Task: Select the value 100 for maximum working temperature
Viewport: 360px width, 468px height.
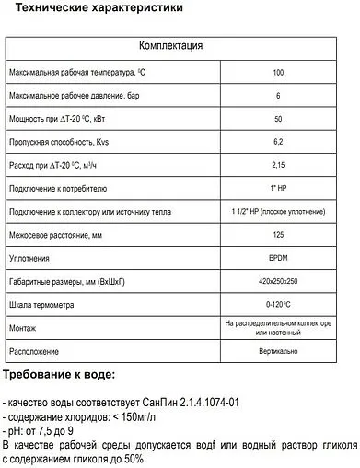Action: pos(278,72)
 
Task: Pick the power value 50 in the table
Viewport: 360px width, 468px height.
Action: pos(278,119)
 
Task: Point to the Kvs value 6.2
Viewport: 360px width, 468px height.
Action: pos(278,143)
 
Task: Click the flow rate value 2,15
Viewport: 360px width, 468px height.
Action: pos(278,166)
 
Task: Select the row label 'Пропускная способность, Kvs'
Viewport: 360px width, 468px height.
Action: pos(57,143)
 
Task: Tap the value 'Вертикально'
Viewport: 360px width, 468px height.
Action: pos(278,352)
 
